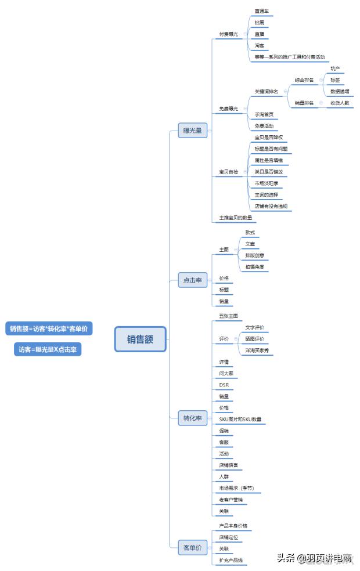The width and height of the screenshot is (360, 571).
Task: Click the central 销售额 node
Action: click(x=141, y=339)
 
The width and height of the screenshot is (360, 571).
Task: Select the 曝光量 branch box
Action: click(x=192, y=131)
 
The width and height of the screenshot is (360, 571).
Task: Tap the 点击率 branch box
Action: click(x=192, y=280)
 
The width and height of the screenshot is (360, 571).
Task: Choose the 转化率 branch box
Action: click(x=192, y=418)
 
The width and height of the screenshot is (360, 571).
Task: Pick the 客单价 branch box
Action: click(x=192, y=547)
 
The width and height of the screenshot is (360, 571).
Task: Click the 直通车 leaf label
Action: click(x=262, y=12)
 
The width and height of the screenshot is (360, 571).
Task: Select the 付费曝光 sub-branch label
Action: click(x=228, y=34)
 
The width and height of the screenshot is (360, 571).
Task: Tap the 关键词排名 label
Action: click(x=267, y=92)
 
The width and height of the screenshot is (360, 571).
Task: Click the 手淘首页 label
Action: click(x=264, y=114)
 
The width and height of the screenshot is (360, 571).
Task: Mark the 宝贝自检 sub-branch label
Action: click(x=228, y=172)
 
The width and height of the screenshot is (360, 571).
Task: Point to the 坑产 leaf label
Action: click(x=336, y=68)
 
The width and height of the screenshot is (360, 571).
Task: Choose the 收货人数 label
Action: click(x=340, y=103)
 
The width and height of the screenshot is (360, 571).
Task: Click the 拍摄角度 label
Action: click(x=255, y=267)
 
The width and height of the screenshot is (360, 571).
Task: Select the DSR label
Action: click(x=224, y=385)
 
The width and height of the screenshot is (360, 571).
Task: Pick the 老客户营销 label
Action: click(x=231, y=499)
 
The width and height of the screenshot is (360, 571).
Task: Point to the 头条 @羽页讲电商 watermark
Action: click(x=314, y=558)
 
